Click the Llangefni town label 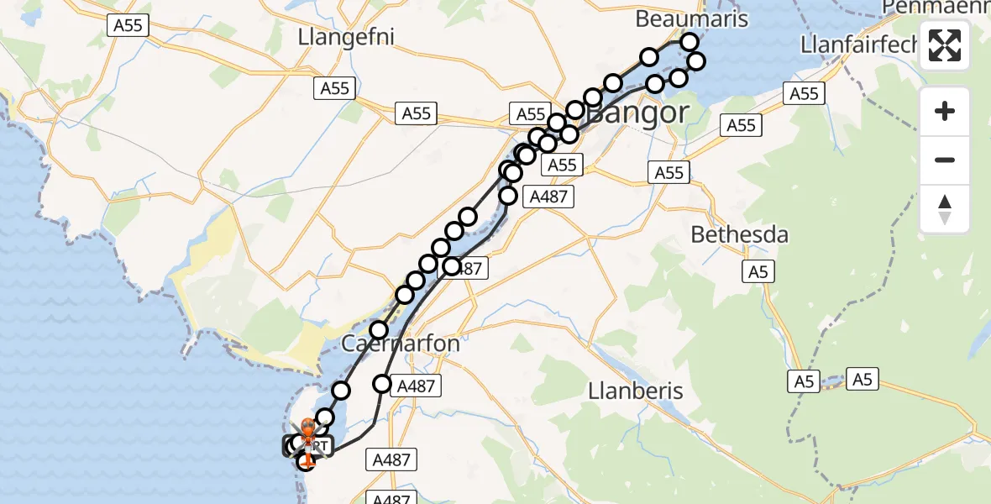click(x=346, y=37)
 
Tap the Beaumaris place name click(x=692, y=18)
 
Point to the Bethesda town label click(x=740, y=234)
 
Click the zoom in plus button click(x=945, y=111)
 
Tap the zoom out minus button click(x=945, y=160)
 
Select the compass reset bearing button click(x=945, y=208)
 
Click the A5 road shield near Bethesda click(x=759, y=271)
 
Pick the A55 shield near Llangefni click(x=335, y=88)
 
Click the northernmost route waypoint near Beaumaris click(x=690, y=42)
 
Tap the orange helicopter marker click(x=307, y=431)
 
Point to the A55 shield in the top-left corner click(x=128, y=25)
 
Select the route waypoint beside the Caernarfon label click(x=379, y=330)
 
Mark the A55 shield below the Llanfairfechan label click(x=804, y=93)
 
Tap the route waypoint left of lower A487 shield click(x=382, y=384)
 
